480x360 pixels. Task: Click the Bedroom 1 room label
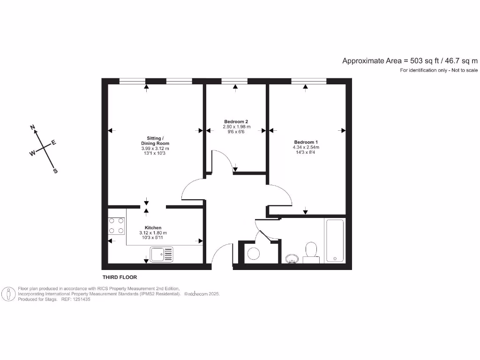(306, 142)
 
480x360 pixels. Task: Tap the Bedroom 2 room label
(236, 121)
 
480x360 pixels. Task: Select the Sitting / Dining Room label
(155, 141)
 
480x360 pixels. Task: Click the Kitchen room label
(153, 227)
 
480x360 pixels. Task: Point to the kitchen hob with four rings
(117, 225)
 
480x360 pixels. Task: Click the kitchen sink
(161, 255)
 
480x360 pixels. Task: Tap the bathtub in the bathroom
(335, 240)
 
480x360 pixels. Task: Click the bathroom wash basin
(292, 258)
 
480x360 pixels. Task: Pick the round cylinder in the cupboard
(254, 254)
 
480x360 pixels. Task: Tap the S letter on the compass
(55, 171)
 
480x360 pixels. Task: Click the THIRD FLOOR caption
(120, 277)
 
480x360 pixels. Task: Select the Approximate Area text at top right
(410, 60)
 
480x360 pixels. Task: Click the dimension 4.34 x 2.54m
(306, 148)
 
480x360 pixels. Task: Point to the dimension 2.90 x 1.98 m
(236, 127)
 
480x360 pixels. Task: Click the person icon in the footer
(8, 294)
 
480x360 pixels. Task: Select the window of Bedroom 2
(234, 81)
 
